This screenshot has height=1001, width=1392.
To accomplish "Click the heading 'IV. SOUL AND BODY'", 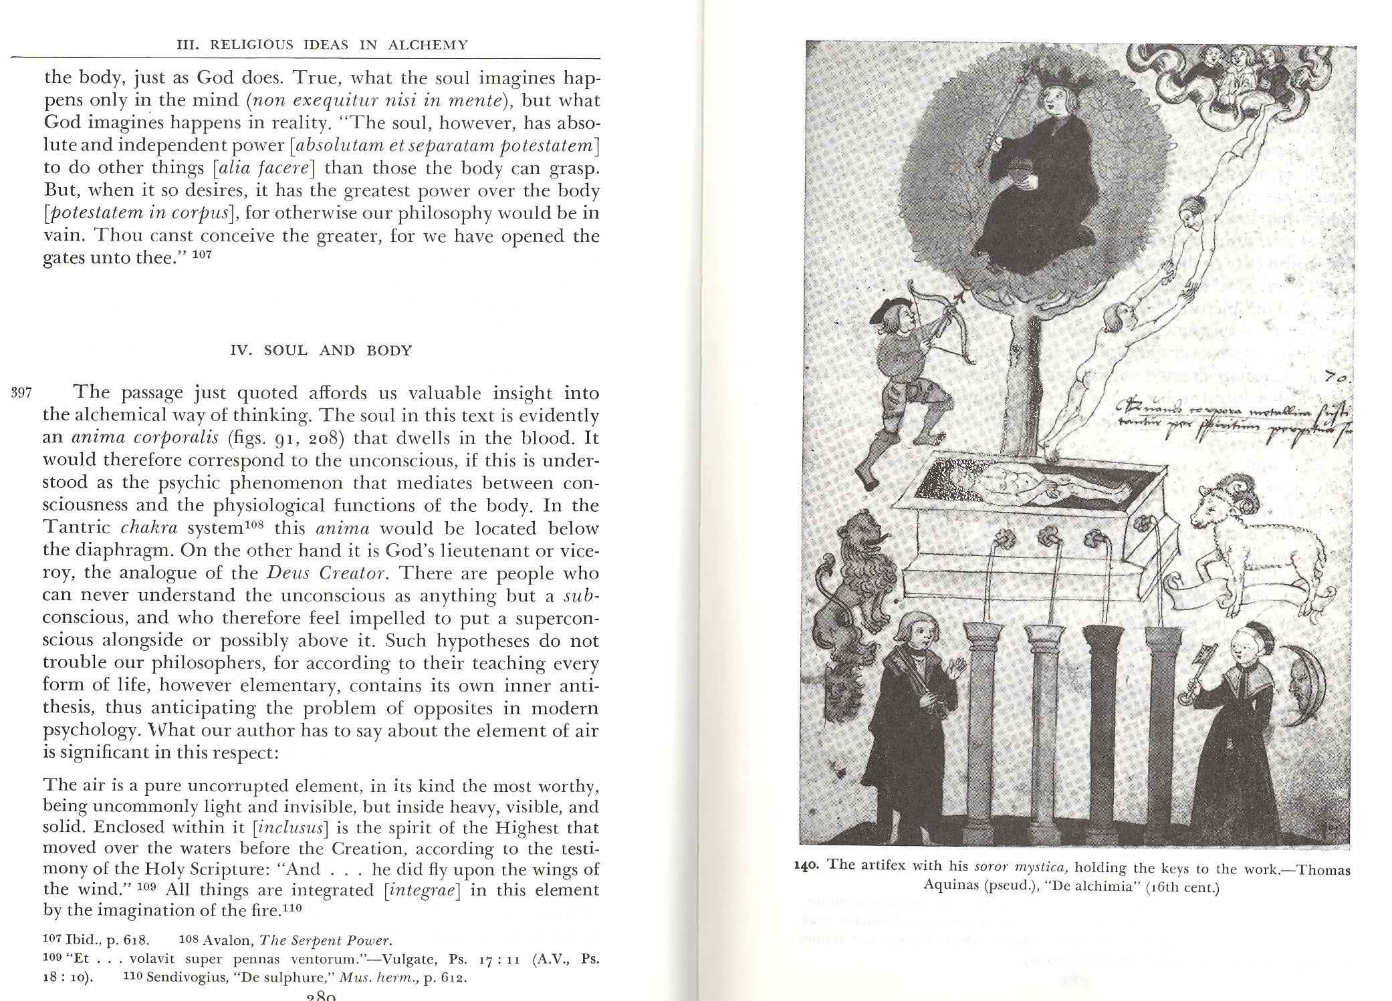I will (321, 351).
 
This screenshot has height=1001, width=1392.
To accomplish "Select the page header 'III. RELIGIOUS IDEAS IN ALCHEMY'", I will (321, 45).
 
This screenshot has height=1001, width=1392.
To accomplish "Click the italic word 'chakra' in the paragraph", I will (151, 528).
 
